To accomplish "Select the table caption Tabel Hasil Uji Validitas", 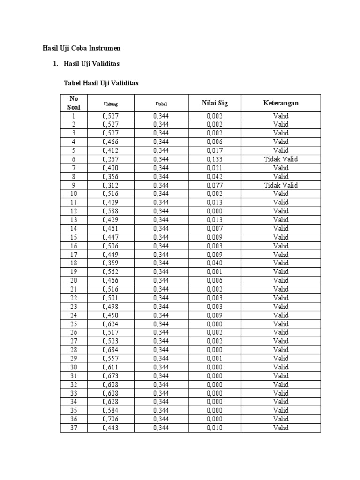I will [101, 83].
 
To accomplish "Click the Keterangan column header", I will [281, 103].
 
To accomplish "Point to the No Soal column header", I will [74, 103].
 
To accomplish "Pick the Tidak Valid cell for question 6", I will [281, 159].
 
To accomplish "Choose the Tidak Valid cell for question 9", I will [281, 185].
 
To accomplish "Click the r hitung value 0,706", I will [110, 419].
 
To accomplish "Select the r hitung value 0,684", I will [110, 350].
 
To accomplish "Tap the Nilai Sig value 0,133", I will [215, 159].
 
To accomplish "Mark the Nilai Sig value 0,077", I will [215, 185].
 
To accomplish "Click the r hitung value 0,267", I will [110, 159].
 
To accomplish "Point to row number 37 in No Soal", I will [74, 427].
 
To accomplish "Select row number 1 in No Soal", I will [74, 116].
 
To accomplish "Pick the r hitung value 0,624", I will [110, 324].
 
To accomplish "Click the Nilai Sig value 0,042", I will [215, 177].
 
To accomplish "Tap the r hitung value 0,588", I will [110, 211].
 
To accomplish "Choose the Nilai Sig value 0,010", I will [215, 427].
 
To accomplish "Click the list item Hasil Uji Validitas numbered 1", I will [91, 63].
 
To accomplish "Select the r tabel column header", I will [161, 103].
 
